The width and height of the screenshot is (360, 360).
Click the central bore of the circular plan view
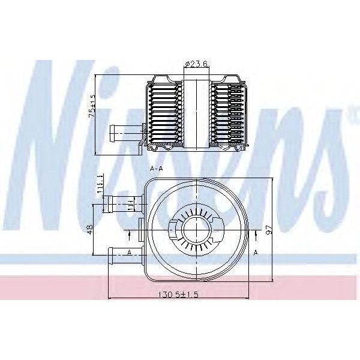pyautogui.click(x=196, y=229)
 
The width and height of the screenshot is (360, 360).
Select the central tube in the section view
pyautogui.click(x=196, y=114)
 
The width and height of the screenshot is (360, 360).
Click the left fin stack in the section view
pyautogui.click(x=163, y=114)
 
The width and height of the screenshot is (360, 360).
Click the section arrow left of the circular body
pyautogui.click(x=130, y=233)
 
